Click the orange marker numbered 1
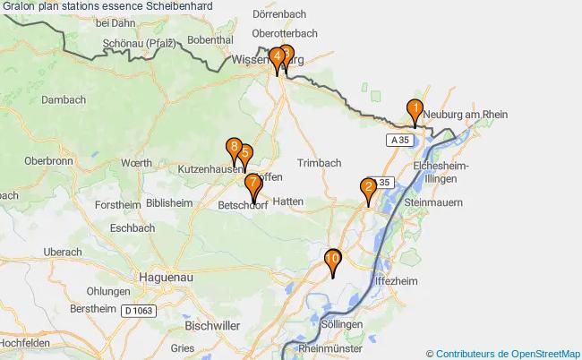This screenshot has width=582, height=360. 415,109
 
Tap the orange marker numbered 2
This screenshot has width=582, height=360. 368,188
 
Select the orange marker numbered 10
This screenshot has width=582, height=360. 332,260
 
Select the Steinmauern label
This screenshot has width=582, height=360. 434,203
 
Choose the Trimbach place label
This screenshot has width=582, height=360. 320,163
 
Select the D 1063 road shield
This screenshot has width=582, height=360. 140,310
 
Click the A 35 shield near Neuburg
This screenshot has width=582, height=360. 398,141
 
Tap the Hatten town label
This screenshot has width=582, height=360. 288,202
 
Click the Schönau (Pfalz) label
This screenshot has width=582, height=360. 140,42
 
